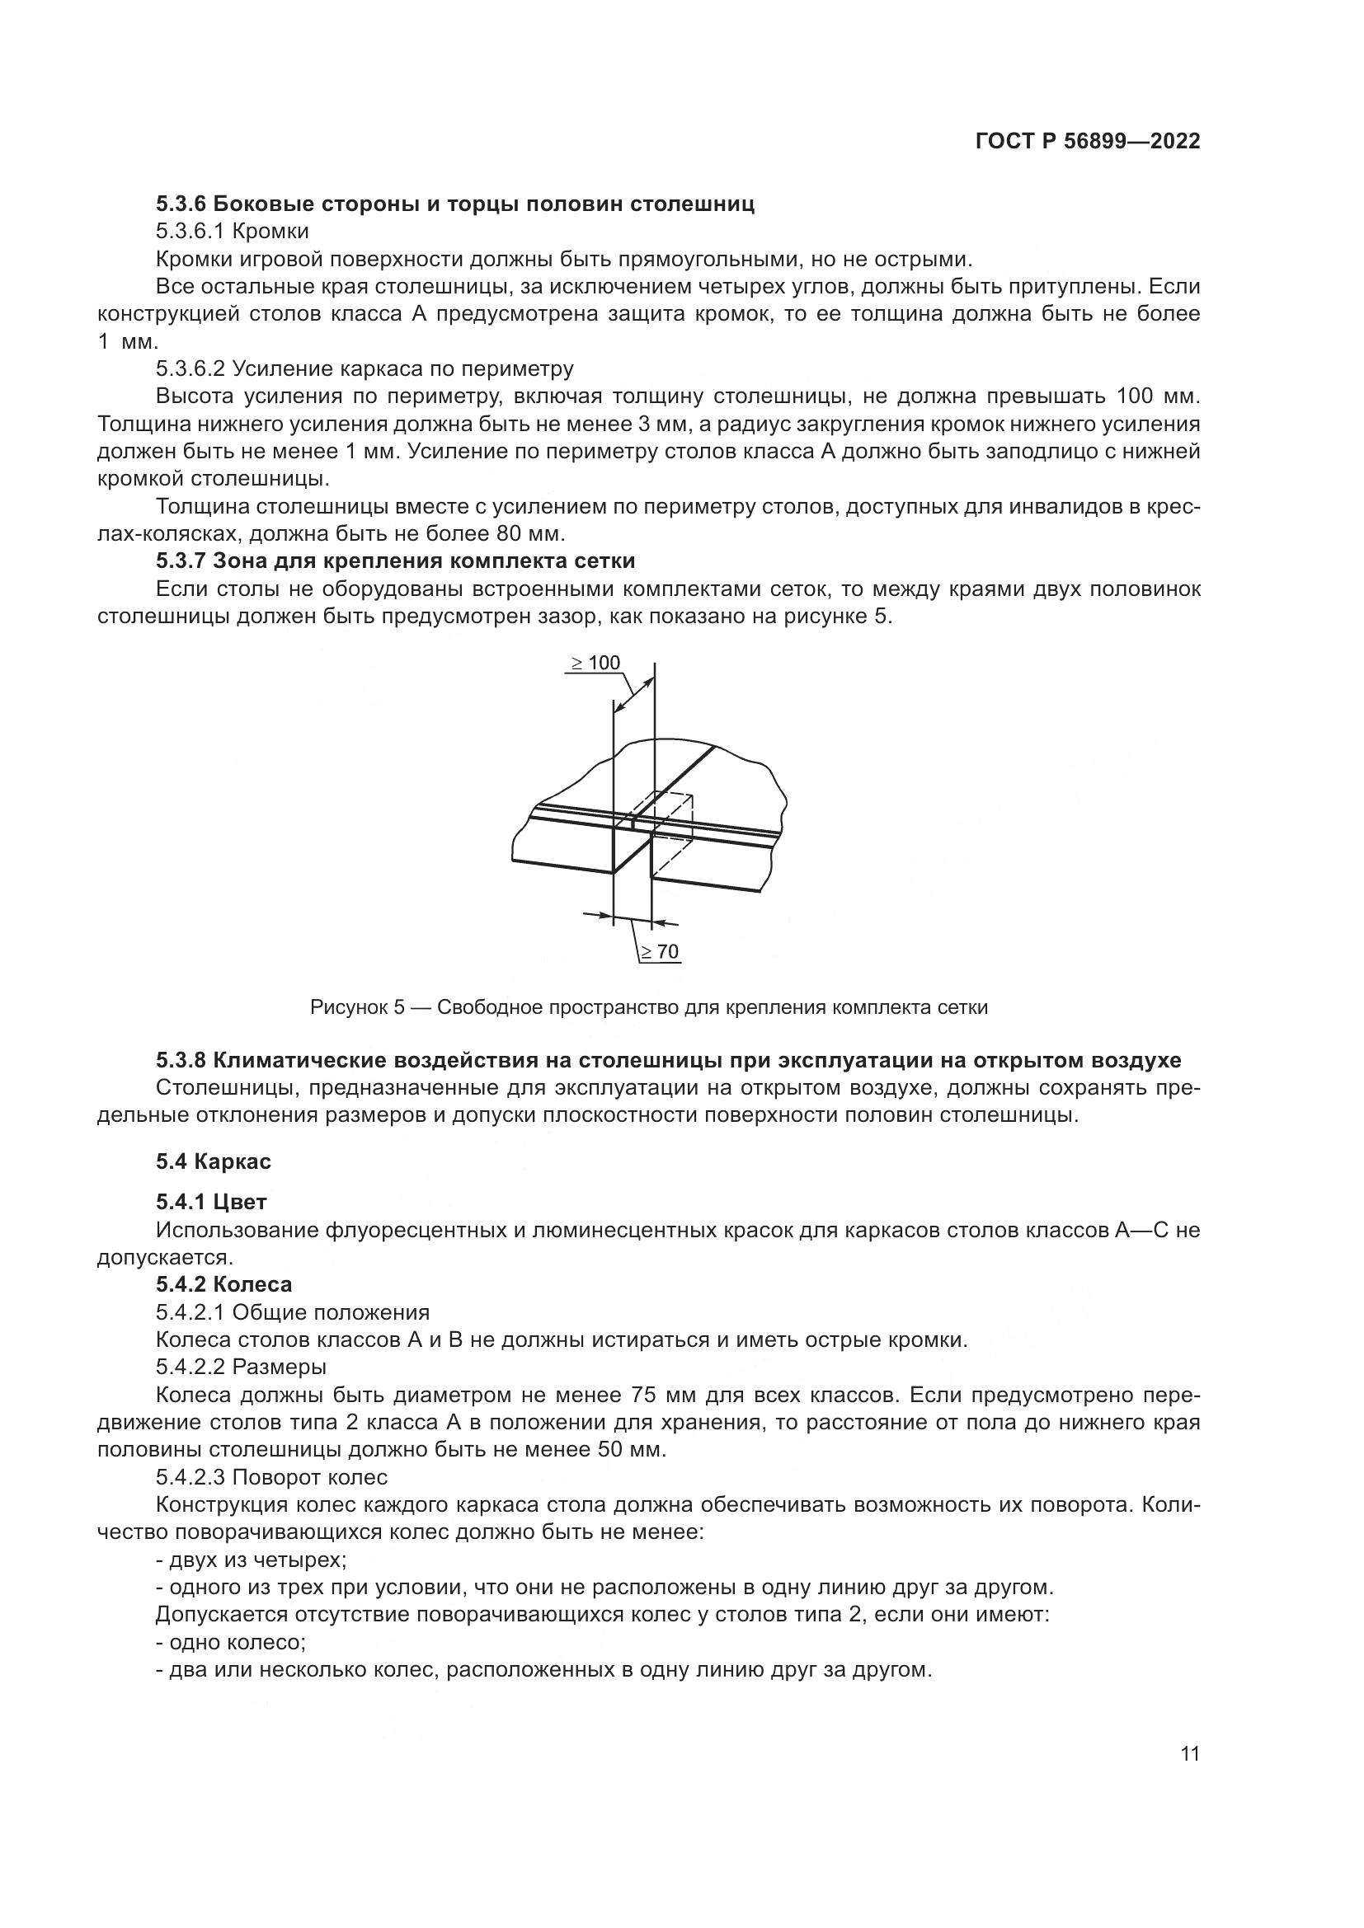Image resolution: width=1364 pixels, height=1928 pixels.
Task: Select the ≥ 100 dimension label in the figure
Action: coord(595,663)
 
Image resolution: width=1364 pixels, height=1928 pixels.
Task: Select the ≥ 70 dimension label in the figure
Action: coord(661,951)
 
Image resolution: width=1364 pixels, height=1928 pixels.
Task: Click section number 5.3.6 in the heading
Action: coord(181,204)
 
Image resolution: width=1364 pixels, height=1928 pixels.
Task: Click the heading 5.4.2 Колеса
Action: coord(223,1284)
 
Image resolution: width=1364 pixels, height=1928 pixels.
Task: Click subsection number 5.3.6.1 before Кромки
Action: coord(190,231)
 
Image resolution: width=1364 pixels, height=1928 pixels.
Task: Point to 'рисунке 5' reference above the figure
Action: coord(835,617)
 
